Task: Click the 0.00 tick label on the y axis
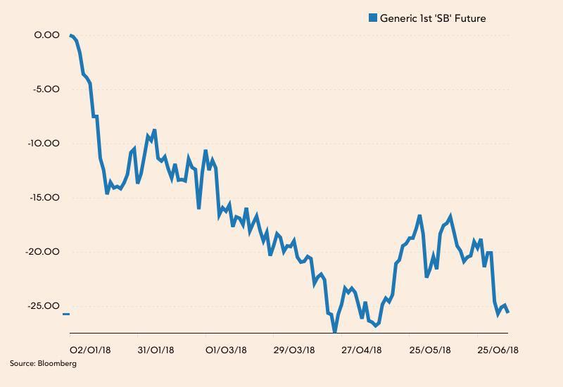(x=46, y=34)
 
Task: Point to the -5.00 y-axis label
(x=45, y=89)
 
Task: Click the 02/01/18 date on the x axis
(x=90, y=350)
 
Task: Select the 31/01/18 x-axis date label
(x=156, y=350)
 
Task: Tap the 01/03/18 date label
(x=225, y=350)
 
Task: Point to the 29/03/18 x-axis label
(x=294, y=350)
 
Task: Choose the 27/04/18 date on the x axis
(x=362, y=350)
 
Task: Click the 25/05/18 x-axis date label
(x=430, y=350)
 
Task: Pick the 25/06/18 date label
(x=498, y=350)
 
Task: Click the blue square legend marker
(x=373, y=18)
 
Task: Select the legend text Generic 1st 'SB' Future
(x=433, y=18)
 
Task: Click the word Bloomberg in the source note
(x=58, y=364)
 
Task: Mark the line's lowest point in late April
(x=335, y=331)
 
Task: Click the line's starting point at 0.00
(x=70, y=34)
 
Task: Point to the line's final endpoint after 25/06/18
(x=508, y=312)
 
